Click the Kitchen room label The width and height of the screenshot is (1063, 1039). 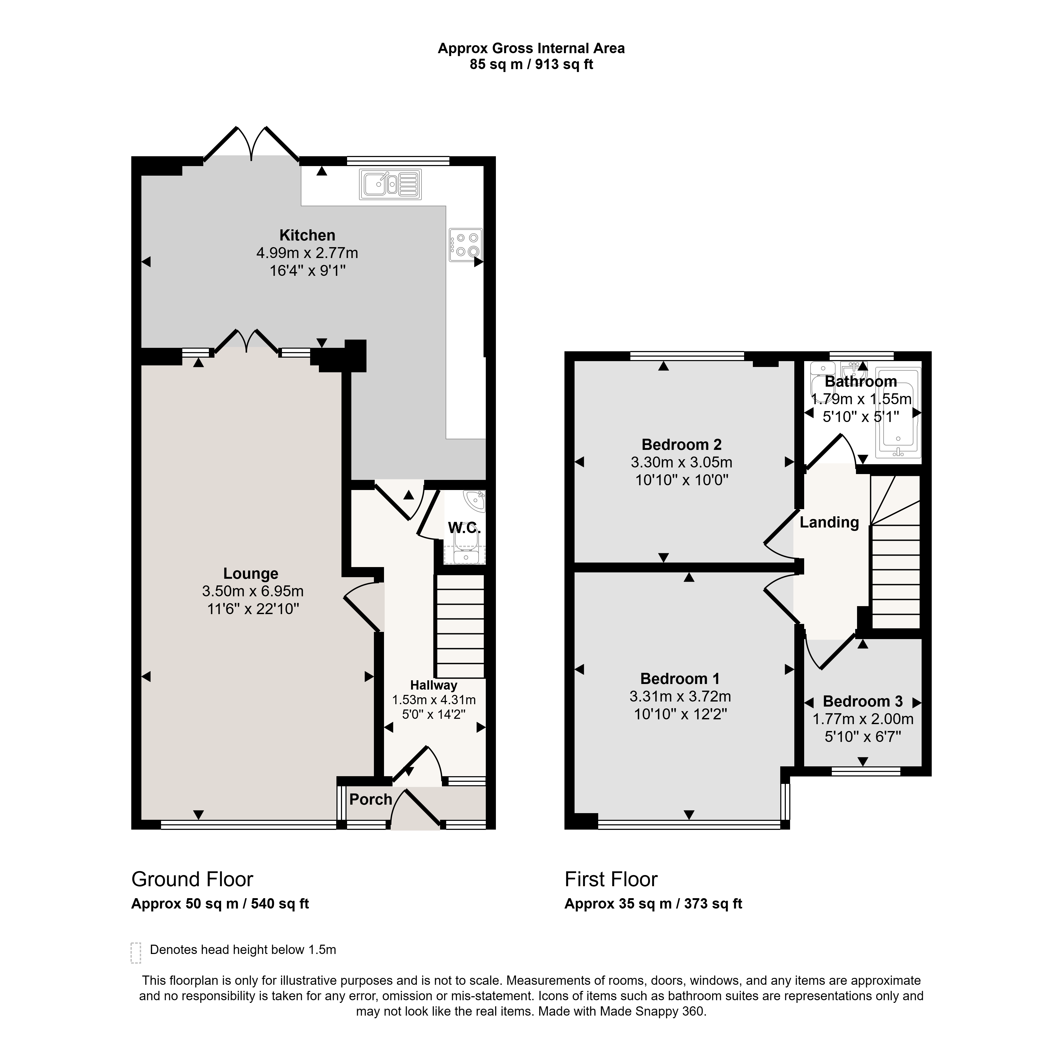pos(307,235)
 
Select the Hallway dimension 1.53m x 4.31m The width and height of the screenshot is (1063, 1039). pos(434,700)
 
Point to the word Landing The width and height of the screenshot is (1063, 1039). pos(829,523)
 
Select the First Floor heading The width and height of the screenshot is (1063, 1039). pos(611,880)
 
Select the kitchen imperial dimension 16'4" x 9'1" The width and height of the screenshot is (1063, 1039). pos(308,271)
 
